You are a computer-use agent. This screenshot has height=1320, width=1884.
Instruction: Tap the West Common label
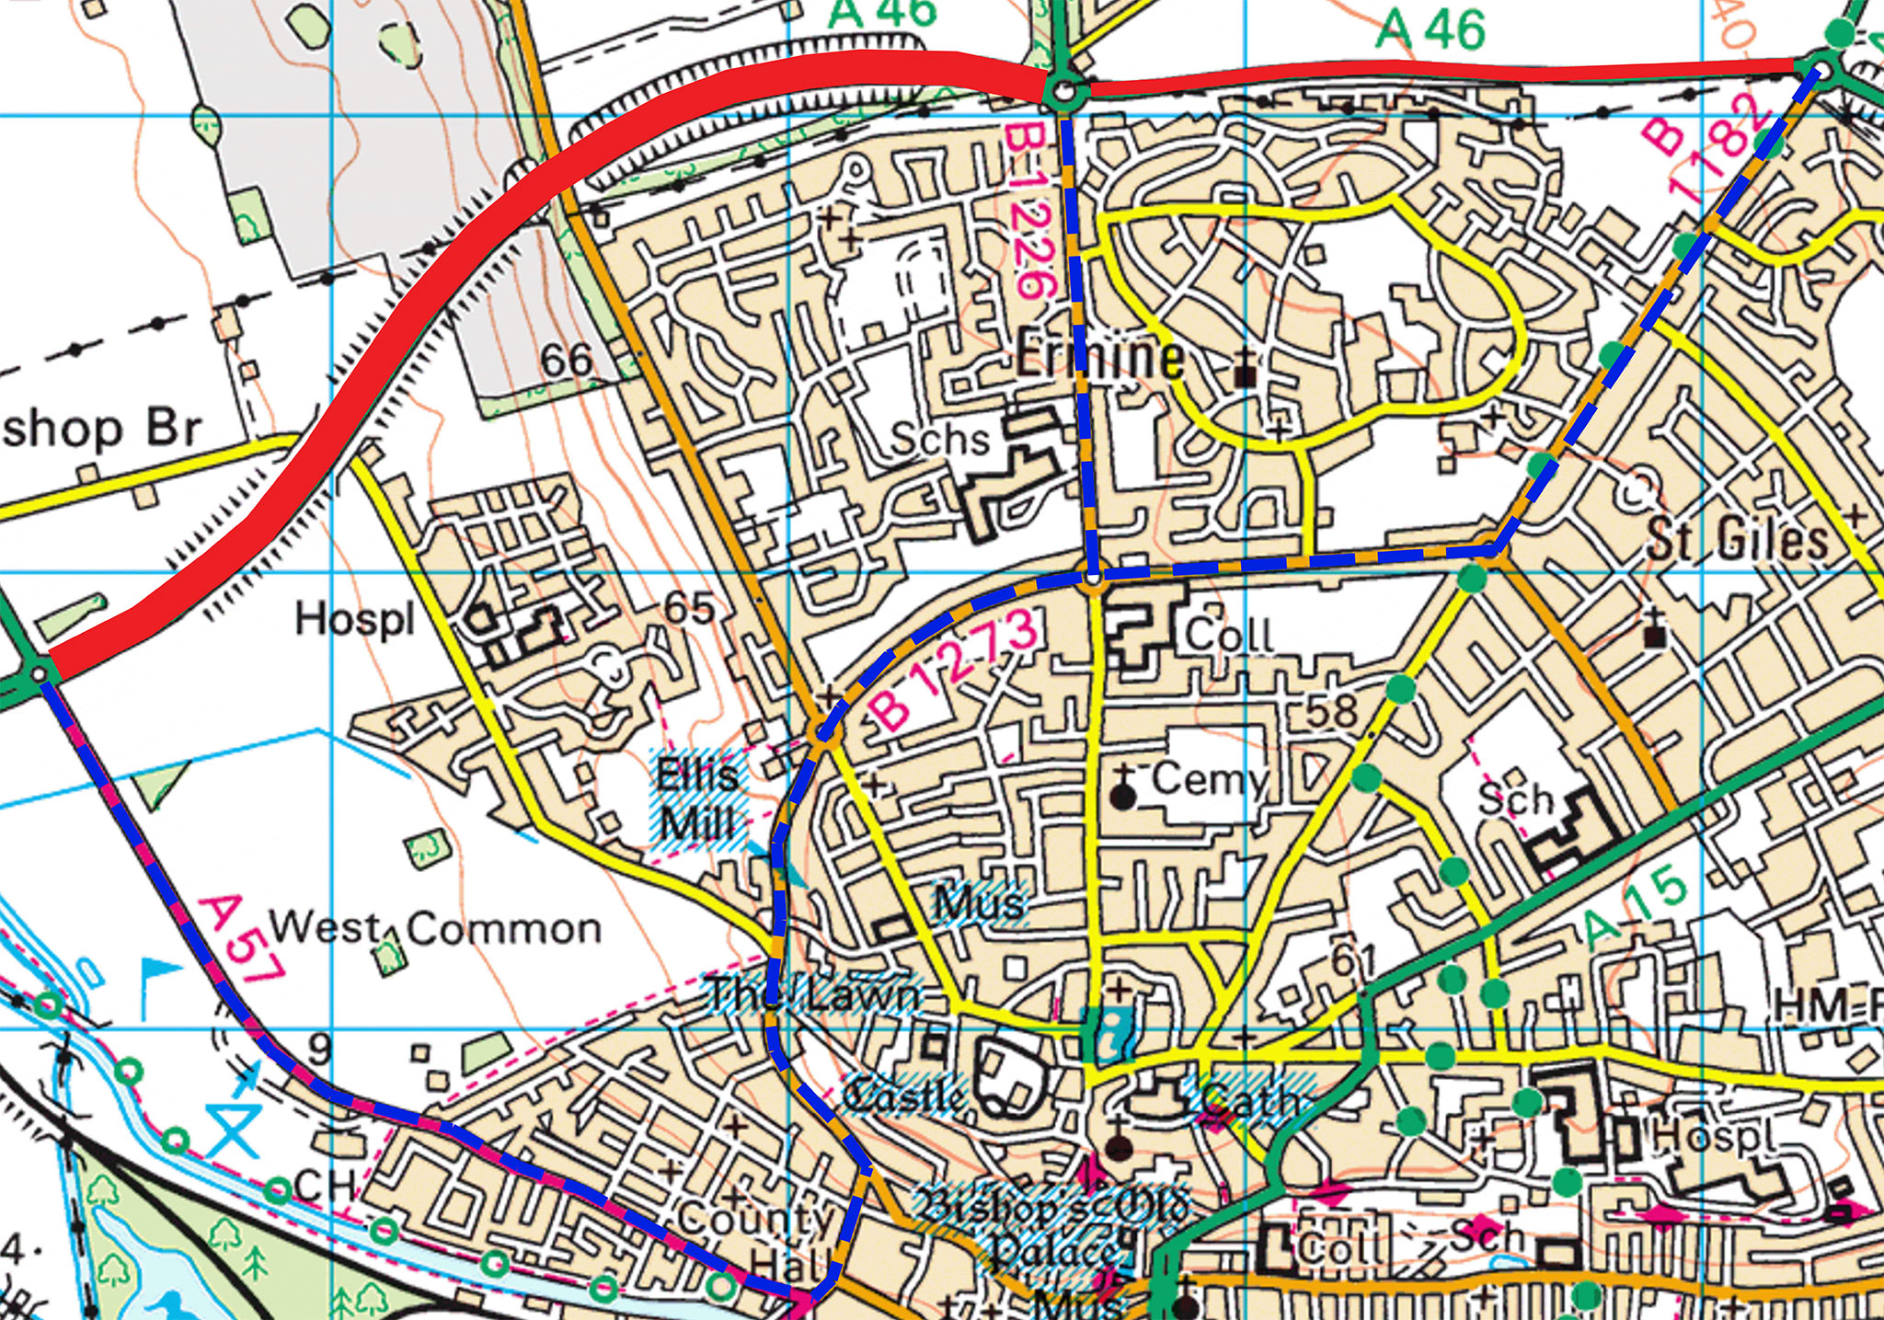pyautogui.click(x=435, y=929)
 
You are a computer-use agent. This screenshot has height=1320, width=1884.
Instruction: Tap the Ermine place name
pyautogui.click(x=1099, y=356)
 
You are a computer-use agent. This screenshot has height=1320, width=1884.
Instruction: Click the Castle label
pyautogui.click(x=905, y=1096)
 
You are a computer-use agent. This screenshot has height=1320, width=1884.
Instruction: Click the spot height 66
pyautogui.click(x=566, y=360)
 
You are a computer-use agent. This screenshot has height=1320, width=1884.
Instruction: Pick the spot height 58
pyautogui.click(x=1331, y=711)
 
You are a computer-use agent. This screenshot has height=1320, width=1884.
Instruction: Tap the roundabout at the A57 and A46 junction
pyautogui.click(x=39, y=675)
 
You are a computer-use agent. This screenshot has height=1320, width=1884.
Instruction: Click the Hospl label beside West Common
pyautogui.click(x=355, y=620)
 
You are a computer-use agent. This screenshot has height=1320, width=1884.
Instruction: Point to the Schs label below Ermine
pyautogui.click(x=939, y=440)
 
